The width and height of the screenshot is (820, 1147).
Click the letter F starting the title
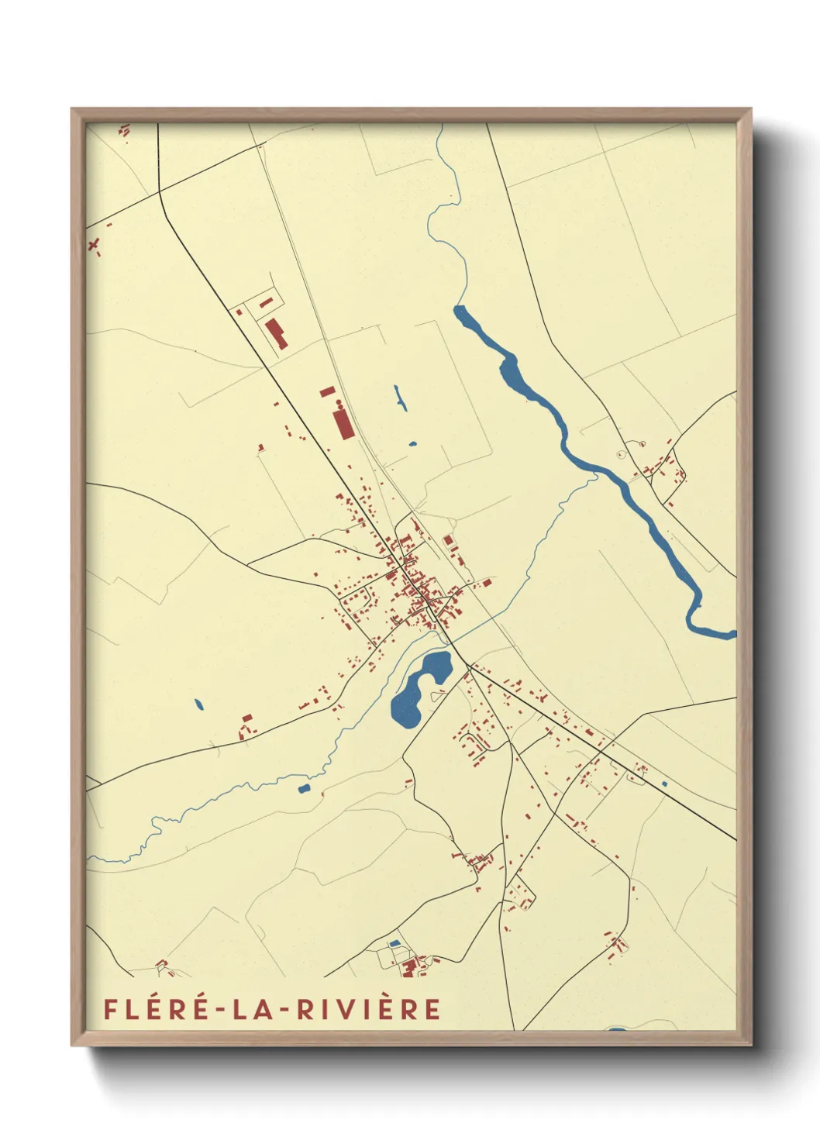point(111,1009)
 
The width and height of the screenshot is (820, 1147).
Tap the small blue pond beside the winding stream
point(304,788)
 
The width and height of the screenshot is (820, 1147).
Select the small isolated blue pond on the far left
point(198,704)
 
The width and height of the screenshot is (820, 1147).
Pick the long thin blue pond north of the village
point(400,398)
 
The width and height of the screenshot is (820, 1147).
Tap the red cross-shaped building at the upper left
point(95,246)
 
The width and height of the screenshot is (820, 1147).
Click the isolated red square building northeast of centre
point(447,541)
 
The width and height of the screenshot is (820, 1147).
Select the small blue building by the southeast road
point(664,784)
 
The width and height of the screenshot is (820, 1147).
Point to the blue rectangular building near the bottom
point(394,943)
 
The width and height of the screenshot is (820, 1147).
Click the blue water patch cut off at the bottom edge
point(616,1029)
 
